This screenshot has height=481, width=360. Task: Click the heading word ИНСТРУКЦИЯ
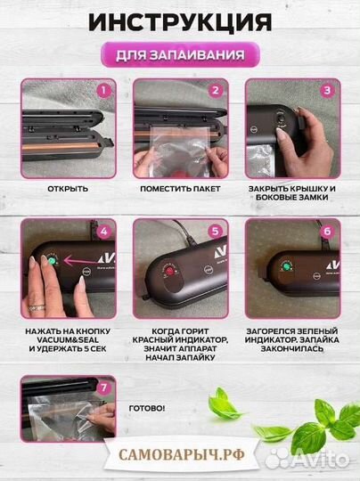tap(180, 21)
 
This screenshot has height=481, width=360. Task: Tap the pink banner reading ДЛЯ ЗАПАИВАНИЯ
tap(180, 54)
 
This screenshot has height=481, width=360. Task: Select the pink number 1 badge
tap(103, 91)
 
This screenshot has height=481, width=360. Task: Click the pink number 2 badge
tap(216, 91)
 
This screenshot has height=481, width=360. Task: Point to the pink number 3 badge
tap(327, 91)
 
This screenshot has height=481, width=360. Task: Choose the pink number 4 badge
tap(103, 232)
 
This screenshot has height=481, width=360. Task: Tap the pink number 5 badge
tap(216, 232)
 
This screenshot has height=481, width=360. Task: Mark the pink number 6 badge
tap(327, 232)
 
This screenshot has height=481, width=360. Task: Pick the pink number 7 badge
tap(103, 387)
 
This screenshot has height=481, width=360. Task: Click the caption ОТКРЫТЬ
tap(68, 189)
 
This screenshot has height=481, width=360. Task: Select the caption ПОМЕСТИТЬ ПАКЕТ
tap(180, 189)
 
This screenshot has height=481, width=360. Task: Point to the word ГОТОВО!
tap(147, 408)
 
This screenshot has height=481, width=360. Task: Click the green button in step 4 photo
tap(52, 261)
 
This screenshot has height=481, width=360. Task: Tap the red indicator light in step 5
tap(168, 271)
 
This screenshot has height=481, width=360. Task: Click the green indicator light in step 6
tap(287, 265)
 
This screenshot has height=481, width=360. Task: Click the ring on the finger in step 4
tap(37, 307)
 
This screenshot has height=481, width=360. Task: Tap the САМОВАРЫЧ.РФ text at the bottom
tap(182, 455)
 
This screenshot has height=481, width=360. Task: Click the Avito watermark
tap(307, 459)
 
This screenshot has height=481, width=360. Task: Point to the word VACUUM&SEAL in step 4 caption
tap(68, 340)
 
